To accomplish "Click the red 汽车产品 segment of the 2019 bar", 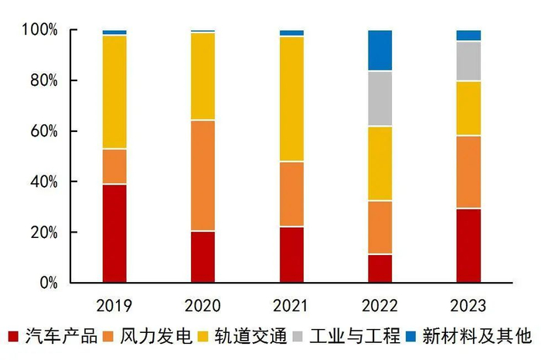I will point(114,233).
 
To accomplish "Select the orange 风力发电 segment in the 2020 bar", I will point(203,175).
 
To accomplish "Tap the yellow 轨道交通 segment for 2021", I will point(291,99).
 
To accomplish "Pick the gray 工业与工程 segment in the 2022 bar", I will point(379,98).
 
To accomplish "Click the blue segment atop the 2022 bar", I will point(379,50).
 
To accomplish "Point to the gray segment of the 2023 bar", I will point(468,61).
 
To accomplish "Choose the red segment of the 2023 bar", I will point(468,246).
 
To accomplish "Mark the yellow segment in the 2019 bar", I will point(114,92).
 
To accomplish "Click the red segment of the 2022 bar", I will point(379,268).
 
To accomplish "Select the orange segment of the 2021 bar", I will point(291,194).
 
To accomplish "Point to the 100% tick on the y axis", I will point(41,30).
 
